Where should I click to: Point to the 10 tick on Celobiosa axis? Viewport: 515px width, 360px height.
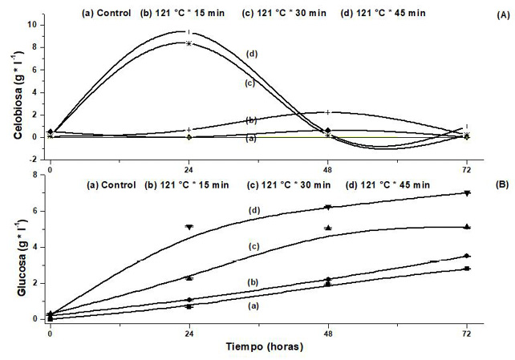tap(33, 24)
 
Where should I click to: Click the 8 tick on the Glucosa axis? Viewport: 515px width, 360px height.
tap(35, 175)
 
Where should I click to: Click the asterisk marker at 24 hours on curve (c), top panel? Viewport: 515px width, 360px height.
tap(189, 43)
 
